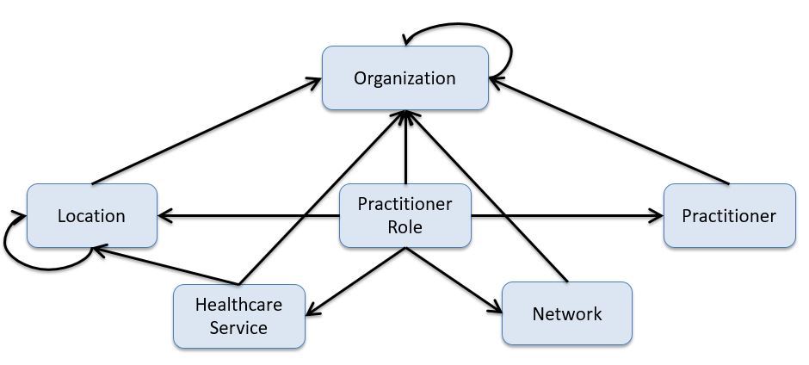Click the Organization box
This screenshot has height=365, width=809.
pos(404,78)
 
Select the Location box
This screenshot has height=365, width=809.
pos(91,215)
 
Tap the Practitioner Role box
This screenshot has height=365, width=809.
pos(404,215)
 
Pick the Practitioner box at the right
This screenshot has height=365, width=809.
pos(729,215)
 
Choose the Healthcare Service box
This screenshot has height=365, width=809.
pos(238,316)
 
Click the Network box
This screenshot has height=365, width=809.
pos(566,313)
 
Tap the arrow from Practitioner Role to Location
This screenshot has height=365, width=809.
pos(250,215)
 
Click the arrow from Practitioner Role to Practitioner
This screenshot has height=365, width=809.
pos(568,215)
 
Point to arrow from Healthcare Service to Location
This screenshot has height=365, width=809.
pos(164,264)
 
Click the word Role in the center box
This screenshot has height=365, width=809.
pos(404,227)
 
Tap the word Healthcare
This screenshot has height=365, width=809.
pos(238,305)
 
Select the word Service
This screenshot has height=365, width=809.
pos(238,327)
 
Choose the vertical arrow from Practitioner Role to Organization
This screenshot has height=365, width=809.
pos(404,146)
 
